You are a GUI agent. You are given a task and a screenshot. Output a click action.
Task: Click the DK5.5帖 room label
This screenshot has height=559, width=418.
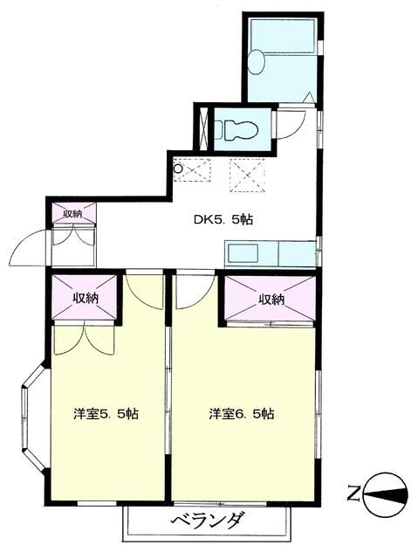pos(223,220)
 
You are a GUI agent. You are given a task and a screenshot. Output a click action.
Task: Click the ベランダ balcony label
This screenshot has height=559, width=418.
pos(206,522)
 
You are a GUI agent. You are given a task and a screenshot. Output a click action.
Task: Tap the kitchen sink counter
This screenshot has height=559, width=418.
pos(270,255)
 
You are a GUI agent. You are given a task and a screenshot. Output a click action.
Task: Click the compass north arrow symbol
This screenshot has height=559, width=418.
pos(386,496)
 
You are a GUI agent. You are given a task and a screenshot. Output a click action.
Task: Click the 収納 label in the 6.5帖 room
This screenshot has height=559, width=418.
pos(271,300)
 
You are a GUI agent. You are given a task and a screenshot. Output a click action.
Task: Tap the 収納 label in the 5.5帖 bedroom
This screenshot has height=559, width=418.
pos(85,298)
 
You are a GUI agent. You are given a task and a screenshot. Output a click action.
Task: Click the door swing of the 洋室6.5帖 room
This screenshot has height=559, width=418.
pos(192,293)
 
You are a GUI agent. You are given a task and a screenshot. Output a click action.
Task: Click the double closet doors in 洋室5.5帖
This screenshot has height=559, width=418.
pos(78,340)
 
